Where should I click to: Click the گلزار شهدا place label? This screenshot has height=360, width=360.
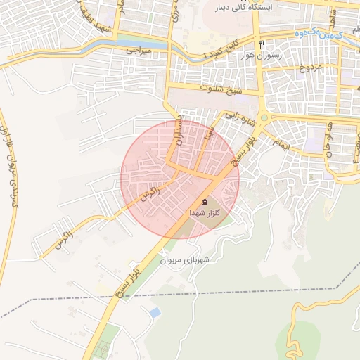(205, 213)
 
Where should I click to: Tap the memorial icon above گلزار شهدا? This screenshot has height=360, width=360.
(205, 202)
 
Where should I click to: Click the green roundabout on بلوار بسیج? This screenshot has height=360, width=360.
(264, 119)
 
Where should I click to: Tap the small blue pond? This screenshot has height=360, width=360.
(155, 311)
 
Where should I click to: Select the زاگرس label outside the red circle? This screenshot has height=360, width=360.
(63, 238)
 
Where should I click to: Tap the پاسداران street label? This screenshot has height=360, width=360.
(181, 130)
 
